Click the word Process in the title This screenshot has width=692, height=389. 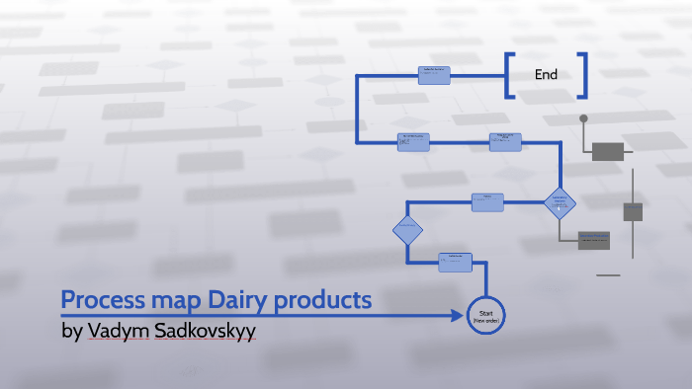click(99, 300)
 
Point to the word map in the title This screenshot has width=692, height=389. click(164, 300)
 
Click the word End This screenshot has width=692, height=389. click(546, 74)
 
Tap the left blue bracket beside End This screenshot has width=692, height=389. click(509, 75)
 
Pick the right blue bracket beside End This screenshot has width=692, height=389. click(583, 75)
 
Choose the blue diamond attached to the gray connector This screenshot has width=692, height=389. click(559, 203)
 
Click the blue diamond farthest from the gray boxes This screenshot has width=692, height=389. click(407, 231)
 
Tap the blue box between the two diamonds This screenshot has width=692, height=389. click(488, 202)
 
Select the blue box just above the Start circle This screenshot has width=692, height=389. click(456, 263)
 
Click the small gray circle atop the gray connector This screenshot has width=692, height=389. click(583, 118)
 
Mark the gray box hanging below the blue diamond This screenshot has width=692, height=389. click(594, 240)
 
